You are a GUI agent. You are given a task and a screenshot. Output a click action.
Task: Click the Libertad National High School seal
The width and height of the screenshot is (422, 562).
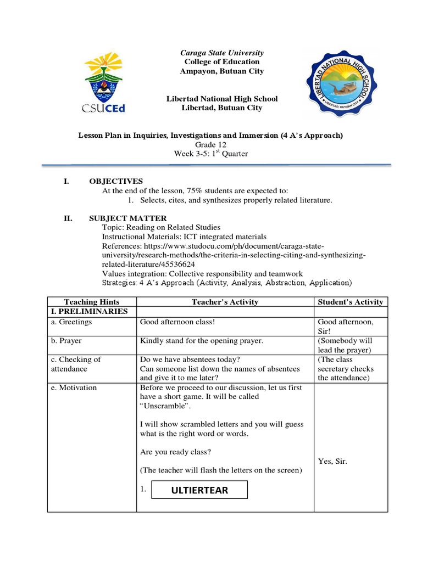tap(336, 83)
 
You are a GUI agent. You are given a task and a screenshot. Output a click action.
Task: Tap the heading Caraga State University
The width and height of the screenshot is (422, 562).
tap(222, 53)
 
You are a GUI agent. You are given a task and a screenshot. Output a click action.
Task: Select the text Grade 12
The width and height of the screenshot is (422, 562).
tap(210, 144)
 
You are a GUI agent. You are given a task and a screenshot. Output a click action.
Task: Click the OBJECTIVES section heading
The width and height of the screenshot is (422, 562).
tap(116, 181)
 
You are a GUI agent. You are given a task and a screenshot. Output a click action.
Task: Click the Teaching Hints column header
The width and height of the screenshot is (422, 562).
tap(92, 302)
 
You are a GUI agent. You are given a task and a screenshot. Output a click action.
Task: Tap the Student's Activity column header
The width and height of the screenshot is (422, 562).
tap(351, 302)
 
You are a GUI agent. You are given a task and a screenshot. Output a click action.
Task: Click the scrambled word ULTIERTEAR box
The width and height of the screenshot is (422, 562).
tap(199, 490)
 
